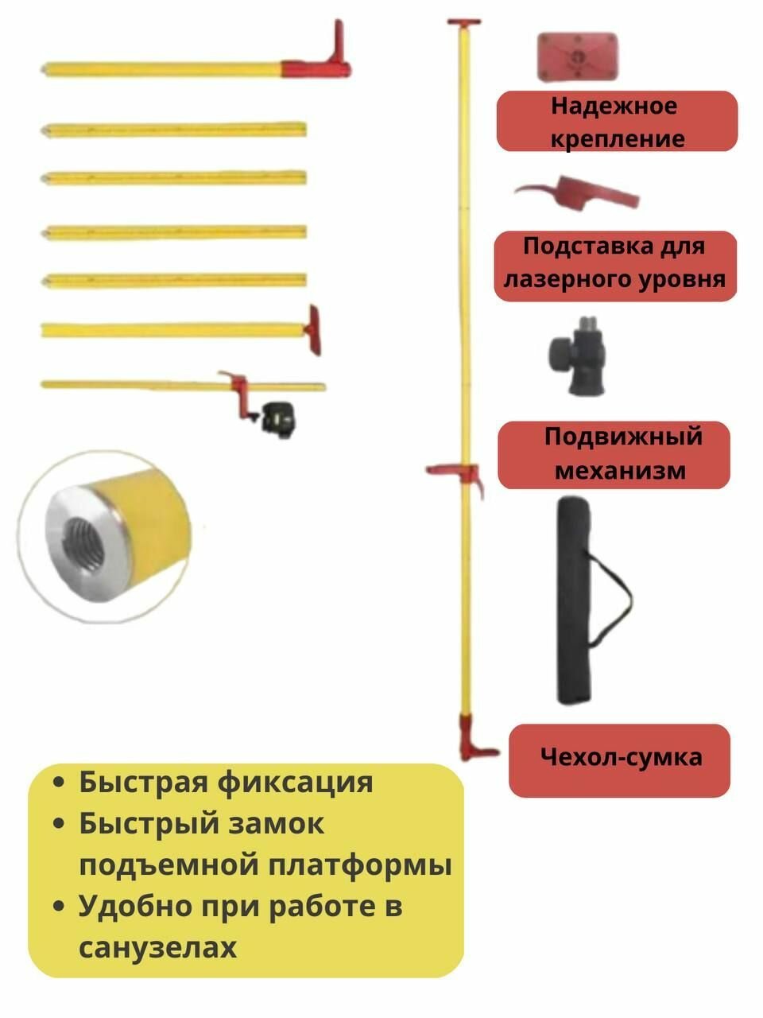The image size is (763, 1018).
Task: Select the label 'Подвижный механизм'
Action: [x=614, y=453]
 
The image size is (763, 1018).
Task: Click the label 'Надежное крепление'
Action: [x=616, y=122]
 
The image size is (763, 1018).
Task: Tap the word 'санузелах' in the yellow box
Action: [x=157, y=947]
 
